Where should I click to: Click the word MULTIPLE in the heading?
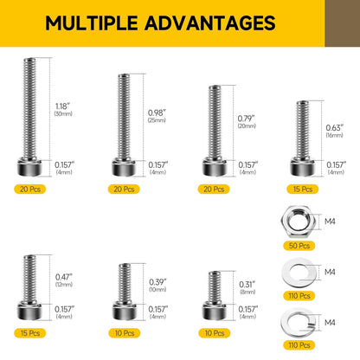(x=92, y=22)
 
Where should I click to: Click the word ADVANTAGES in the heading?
(x=210, y=22)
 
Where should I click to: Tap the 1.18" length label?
(x=62, y=106)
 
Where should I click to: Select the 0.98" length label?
(x=157, y=112)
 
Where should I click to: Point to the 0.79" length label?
(x=247, y=119)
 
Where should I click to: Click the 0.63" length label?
(x=335, y=127)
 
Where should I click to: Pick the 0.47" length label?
(x=64, y=277)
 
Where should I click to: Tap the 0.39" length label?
(x=157, y=282)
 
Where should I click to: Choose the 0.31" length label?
(x=247, y=285)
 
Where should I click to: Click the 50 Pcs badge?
(x=299, y=246)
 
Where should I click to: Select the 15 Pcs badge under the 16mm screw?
(x=303, y=190)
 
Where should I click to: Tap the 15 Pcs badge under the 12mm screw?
(x=30, y=333)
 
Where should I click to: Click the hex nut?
(x=298, y=222)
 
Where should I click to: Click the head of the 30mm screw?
(x=29, y=167)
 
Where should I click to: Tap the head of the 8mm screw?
(x=215, y=311)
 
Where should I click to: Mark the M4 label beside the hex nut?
(x=330, y=222)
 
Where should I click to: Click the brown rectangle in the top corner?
(x=343, y=23)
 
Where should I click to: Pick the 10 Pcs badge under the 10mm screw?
(x=125, y=333)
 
